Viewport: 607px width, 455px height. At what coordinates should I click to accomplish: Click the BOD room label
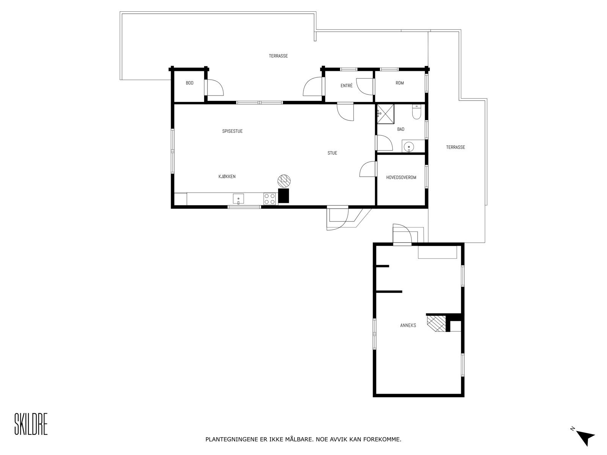click(189, 83)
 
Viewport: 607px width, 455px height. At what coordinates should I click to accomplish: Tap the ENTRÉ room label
click(346, 86)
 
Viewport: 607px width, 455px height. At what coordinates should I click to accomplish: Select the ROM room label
click(399, 83)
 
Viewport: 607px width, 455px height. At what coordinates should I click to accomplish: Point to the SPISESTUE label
click(232, 131)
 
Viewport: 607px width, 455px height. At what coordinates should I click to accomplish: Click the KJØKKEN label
click(227, 176)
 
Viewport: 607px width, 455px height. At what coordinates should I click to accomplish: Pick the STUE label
click(332, 153)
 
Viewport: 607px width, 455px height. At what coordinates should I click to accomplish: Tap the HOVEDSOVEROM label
click(401, 177)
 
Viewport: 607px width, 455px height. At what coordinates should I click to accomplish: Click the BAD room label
click(401, 129)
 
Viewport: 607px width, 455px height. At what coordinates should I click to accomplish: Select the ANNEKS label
click(408, 325)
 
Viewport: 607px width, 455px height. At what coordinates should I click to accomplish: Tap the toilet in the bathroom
click(417, 113)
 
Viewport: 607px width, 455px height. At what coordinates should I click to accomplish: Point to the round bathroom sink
click(409, 146)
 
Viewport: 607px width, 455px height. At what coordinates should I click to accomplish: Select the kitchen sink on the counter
click(238, 199)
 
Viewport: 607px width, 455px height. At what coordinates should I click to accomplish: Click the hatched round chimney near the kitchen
click(283, 180)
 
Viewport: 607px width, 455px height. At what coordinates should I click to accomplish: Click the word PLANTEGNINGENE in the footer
click(230, 440)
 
